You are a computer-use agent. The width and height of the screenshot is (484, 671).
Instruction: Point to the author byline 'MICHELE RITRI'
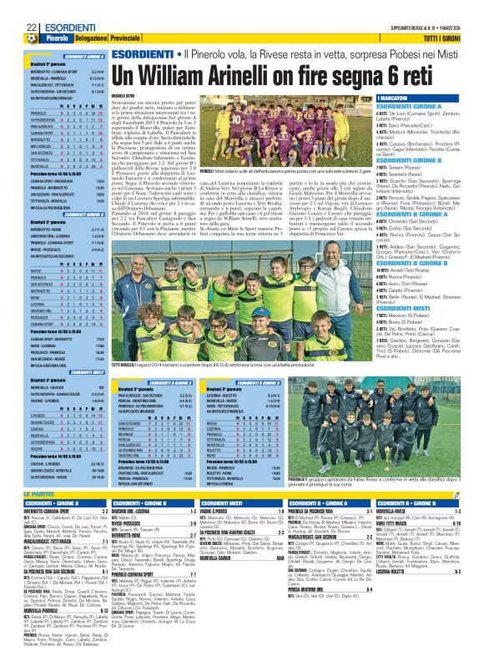[127, 96]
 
